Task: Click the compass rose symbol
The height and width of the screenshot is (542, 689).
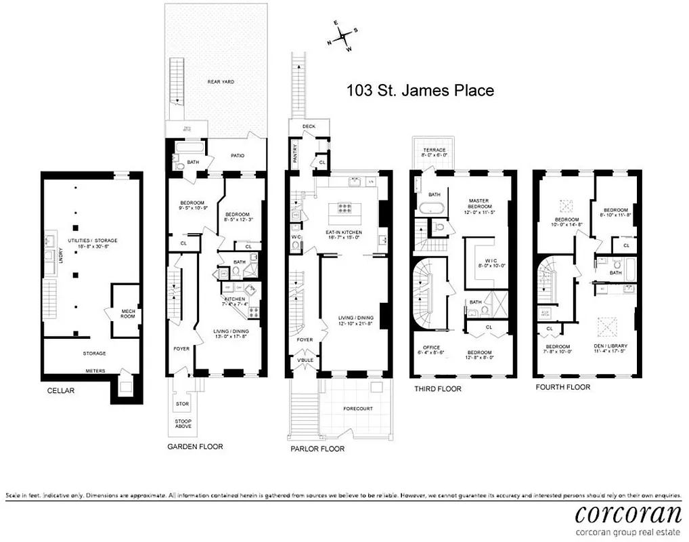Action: coord(344,35)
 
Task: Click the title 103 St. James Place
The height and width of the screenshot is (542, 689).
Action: coord(420,90)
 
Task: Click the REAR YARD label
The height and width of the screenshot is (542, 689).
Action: coord(221,81)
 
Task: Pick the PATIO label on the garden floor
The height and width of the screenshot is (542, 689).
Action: coord(236,156)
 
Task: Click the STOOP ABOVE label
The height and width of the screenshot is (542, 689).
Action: coord(183,423)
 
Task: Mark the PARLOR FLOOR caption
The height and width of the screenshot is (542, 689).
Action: coord(317,449)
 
